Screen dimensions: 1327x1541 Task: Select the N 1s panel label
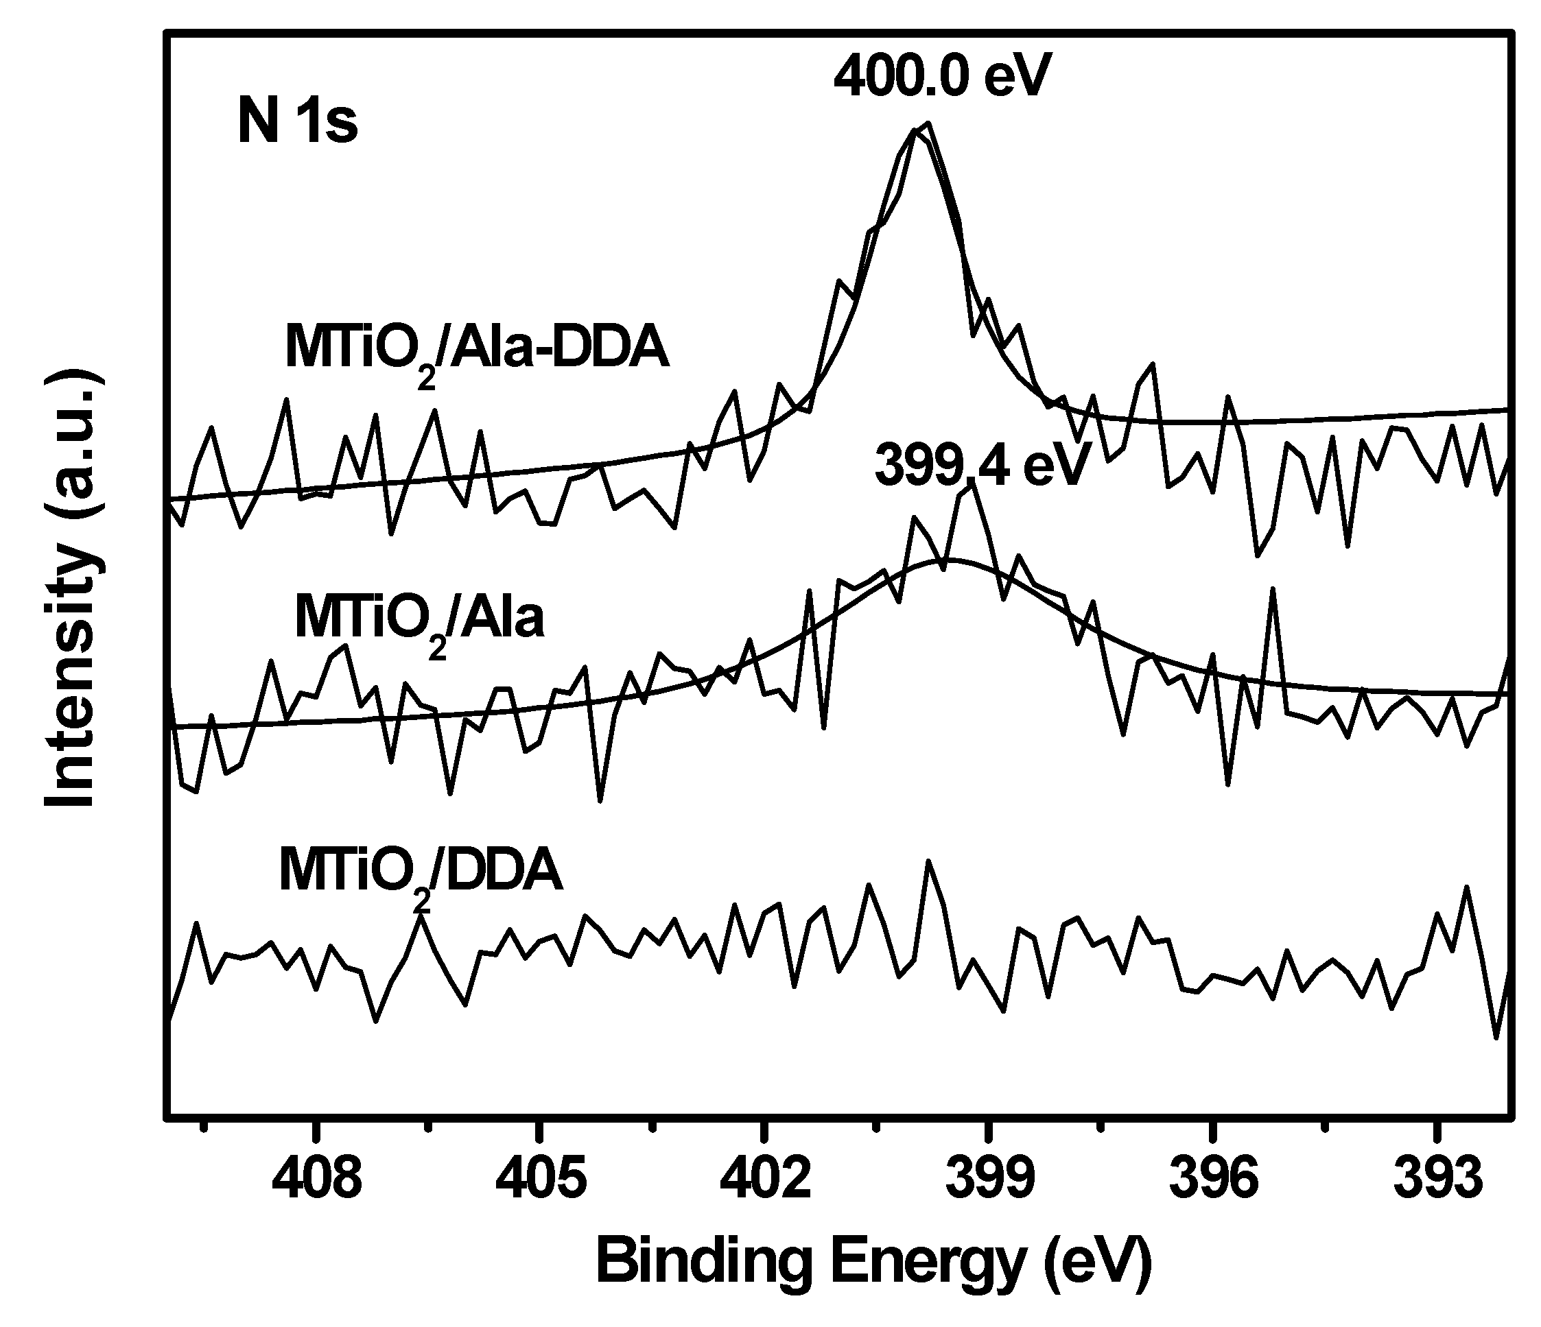(x=298, y=123)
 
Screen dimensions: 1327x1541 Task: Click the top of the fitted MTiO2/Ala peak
(x=950, y=559)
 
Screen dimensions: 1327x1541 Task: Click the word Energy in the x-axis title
(x=928, y=1263)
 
